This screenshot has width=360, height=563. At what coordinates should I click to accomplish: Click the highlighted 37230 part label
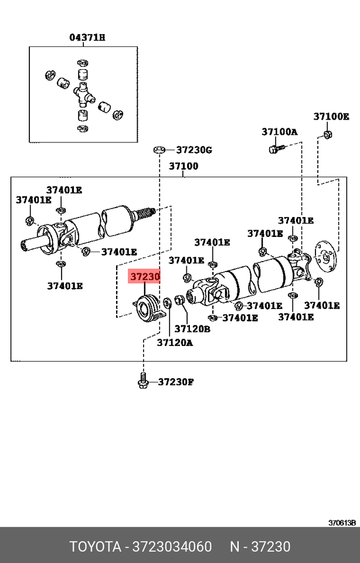click(144, 276)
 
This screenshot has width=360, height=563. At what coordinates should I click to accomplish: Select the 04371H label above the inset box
click(87, 38)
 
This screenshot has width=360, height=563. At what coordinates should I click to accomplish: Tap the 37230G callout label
click(193, 150)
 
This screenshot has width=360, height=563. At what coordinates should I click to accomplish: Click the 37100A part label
click(279, 131)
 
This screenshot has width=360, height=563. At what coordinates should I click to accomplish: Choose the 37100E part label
click(331, 116)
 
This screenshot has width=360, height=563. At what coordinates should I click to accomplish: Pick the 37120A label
click(174, 342)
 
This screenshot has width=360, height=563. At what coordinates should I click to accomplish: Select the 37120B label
click(192, 329)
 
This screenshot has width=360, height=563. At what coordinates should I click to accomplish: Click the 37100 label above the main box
click(184, 166)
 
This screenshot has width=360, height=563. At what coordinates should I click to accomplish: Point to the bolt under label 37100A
click(273, 150)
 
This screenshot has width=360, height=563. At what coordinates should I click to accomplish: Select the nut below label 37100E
click(327, 136)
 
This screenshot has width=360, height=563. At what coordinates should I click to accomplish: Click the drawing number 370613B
click(342, 523)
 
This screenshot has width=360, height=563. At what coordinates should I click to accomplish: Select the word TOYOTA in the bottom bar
click(94, 547)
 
